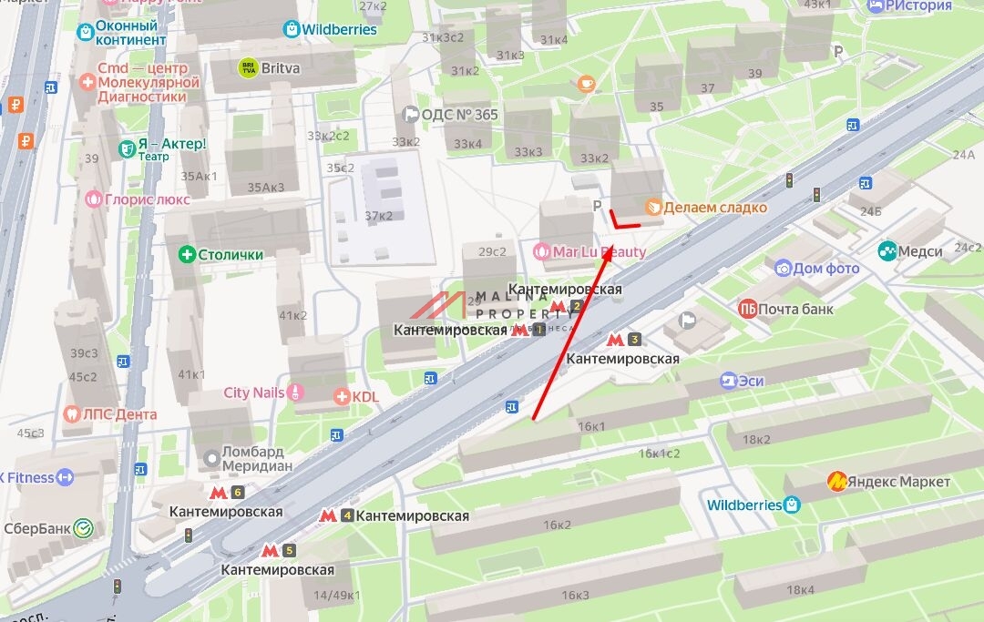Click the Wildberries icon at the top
[292, 29]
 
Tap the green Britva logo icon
[247, 67]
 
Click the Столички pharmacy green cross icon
[187, 254]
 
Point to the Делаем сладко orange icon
[652, 207]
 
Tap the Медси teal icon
[886, 250]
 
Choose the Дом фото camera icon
[783, 269]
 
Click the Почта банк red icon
[747, 309]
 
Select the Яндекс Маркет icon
[835, 481]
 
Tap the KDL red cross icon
[342, 396]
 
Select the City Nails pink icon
[295, 393]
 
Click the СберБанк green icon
[83, 526]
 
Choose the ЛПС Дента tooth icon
[72, 413]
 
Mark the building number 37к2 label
[378, 215]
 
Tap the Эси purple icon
[727, 381]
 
